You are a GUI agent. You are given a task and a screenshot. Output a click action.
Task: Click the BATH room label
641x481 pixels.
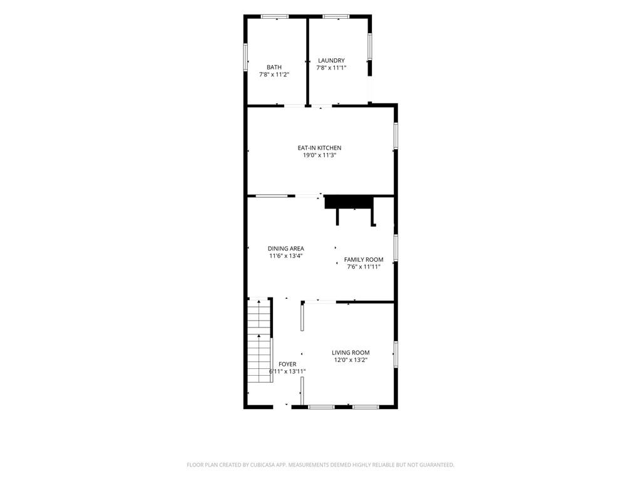(274, 67)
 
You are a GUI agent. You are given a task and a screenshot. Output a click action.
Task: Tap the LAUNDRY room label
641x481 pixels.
(331, 61)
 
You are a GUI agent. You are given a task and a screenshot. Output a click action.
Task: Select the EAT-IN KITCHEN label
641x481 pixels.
(319, 148)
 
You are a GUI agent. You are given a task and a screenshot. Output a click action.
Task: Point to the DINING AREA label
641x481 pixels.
(285, 248)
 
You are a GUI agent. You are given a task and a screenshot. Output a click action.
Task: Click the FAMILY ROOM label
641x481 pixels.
(364, 259)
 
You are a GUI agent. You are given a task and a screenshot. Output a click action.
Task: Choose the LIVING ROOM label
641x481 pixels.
(351, 353)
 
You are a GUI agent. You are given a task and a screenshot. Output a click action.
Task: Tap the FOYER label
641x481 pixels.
(287, 364)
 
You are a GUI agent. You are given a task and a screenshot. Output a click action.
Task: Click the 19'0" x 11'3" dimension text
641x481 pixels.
(319, 155)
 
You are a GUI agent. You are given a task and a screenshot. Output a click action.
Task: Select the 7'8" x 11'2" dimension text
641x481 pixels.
(274, 75)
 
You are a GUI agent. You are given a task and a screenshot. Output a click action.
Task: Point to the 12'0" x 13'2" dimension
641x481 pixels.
(351, 360)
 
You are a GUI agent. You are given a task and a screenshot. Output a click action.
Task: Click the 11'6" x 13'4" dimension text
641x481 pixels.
(285, 256)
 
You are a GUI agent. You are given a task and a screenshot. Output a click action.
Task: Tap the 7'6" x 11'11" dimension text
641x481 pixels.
(364, 267)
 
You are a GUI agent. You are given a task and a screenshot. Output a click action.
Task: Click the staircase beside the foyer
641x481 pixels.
(260, 340)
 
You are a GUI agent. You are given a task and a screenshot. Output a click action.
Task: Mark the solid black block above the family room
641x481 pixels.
(349, 202)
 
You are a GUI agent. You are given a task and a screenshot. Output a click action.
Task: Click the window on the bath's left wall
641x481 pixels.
(246, 57)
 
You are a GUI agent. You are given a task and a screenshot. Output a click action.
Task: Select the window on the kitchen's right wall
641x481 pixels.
(396, 135)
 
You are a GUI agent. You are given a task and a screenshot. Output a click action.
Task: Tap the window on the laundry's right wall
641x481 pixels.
(370, 46)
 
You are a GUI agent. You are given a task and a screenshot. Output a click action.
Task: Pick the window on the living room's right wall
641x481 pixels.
(396, 354)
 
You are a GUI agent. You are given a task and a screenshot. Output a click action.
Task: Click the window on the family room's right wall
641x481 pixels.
(396, 247)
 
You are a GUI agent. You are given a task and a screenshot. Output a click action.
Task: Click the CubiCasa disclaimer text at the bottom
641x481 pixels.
(320, 465)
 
